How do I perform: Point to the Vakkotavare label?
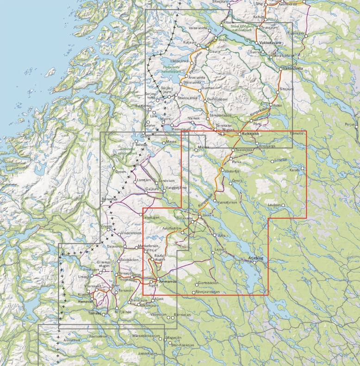(x=271, y=43)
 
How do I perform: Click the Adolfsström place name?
(x=174, y=228)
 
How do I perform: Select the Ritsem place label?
(x=229, y=22)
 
